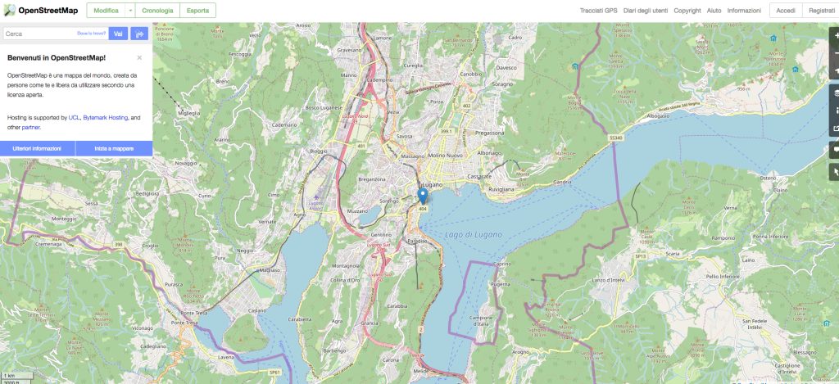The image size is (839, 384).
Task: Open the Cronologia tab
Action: point(156,10)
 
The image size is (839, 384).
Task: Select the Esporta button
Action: point(197,10)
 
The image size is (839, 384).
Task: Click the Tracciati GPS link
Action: point(599,11)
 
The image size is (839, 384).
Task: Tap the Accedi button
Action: point(786,11)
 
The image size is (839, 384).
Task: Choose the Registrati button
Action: point(821,11)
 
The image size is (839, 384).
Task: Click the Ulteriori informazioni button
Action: point(37,148)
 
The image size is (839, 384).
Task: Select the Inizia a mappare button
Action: point(114,148)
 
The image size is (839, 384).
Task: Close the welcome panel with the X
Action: point(139,58)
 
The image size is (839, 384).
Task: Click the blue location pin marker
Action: point(422,196)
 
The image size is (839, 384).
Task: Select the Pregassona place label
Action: point(489,132)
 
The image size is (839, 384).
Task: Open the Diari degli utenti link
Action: point(646,11)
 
